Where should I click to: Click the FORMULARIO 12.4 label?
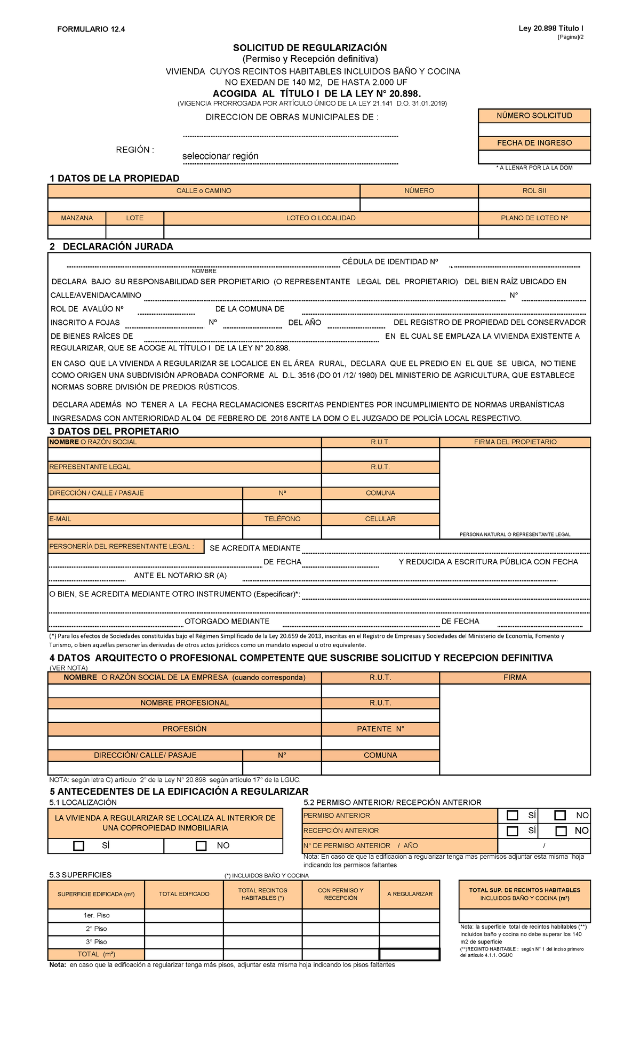pyautogui.click(x=91, y=29)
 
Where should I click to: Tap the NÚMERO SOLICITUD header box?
pyautogui.click(x=534, y=116)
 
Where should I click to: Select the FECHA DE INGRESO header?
pyautogui.click(x=534, y=143)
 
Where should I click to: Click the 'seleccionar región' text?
pyautogui.click(x=220, y=156)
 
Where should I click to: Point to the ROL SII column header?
pyautogui.click(x=534, y=191)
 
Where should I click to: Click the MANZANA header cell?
pyautogui.click(x=77, y=218)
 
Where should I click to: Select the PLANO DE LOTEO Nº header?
pyautogui.click(x=534, y=218)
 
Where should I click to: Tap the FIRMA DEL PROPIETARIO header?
pyautogui.click(x=515, y=442)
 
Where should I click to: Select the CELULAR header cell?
pyautogui.click(x=380, y=519)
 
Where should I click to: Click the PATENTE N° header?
pyautogui.click(x=380, y=729)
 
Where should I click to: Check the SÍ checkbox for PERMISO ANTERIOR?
pyautogui.click(x=513, y=816)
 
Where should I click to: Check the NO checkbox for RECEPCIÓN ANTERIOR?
pyautogui.click(x=561, y=831)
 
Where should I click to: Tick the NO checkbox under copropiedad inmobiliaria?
pyautogui.click(x=201, y=846)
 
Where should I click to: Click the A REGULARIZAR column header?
pyautogui.click(x=410, y=894)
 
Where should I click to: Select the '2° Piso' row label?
pyautogui.click(x=96, y=929)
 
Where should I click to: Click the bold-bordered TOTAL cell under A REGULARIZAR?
pyautogui.click(x=410, y=955)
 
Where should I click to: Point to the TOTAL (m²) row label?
pyautogui.click(x=96, y=955)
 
